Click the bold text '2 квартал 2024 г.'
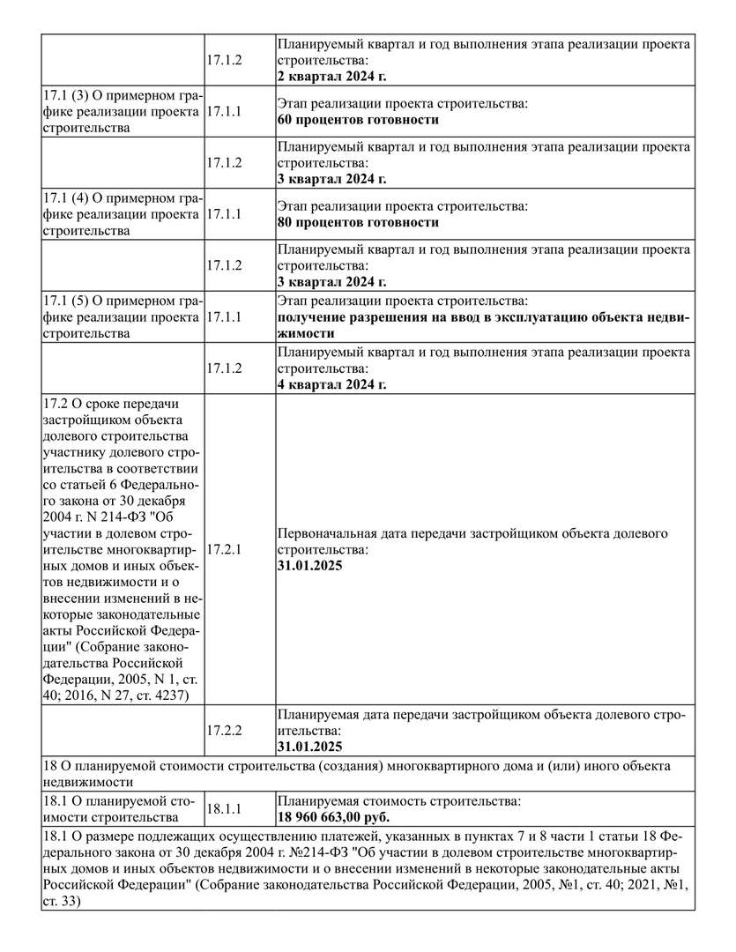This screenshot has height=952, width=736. point(332,77)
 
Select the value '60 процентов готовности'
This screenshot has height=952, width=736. point(358,120)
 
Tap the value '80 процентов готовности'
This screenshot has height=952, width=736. point(358,222)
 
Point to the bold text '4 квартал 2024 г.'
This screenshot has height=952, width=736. point(332,384)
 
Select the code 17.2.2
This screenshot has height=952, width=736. point(224,730)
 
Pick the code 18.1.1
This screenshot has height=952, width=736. point(224,808)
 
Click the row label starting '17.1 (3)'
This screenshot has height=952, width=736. point(121,112)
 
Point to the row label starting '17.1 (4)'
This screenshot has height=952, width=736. point(121,214)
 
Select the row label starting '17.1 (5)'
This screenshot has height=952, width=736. point(121,317)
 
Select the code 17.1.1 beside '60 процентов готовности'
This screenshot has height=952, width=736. point(224,112)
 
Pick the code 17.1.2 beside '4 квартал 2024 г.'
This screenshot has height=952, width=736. point(224,368)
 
